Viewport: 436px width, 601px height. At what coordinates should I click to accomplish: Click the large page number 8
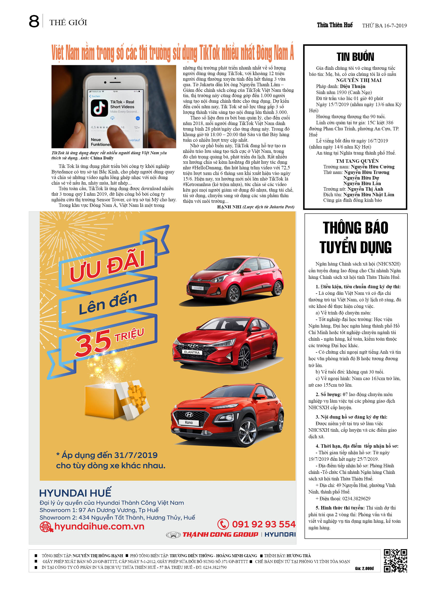34,22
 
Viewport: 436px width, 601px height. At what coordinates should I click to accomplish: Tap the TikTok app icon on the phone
99,108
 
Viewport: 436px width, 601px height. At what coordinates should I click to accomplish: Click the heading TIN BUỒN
355,57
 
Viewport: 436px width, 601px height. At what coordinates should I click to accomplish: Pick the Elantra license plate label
192,352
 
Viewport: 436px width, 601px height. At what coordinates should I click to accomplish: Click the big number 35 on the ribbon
93,343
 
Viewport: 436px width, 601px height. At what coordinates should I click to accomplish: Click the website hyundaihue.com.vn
99,526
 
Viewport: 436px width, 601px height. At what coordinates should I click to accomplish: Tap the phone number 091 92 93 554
263,524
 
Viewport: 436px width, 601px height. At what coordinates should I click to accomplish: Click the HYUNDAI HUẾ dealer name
75,493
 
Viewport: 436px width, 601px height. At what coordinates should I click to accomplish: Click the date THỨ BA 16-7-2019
384,25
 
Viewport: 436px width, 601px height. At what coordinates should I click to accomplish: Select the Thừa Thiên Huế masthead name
335,25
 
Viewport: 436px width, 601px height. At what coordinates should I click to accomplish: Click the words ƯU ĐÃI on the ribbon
107,266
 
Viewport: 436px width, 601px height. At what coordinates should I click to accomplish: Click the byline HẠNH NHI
229,207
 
